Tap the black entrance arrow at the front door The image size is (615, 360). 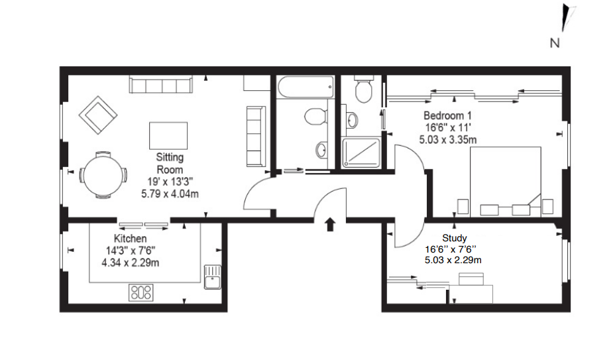point(330,224)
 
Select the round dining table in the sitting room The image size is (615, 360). point(103,175)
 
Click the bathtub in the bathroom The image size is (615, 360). point(306,87)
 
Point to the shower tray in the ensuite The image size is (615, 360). point(361,152)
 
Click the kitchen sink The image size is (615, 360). point(213,277)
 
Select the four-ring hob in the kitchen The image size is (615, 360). point(140,292)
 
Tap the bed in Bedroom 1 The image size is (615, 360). point(506,182)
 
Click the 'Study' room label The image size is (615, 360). point(454,238)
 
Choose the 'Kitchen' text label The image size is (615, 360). point(130,238)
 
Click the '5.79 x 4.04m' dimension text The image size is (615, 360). point(170,194)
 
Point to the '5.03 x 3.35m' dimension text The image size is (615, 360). point(448,139)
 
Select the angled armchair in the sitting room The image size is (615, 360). point(98,115)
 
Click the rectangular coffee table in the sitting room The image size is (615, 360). point(168,136)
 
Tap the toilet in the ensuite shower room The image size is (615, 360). point(364,89)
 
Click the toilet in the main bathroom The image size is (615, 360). point(316,117)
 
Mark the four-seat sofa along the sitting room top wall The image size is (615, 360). point(161,85)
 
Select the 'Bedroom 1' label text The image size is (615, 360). point(447,115)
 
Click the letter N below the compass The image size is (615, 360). point(555,43)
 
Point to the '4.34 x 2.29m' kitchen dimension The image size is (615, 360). point(131,263)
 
